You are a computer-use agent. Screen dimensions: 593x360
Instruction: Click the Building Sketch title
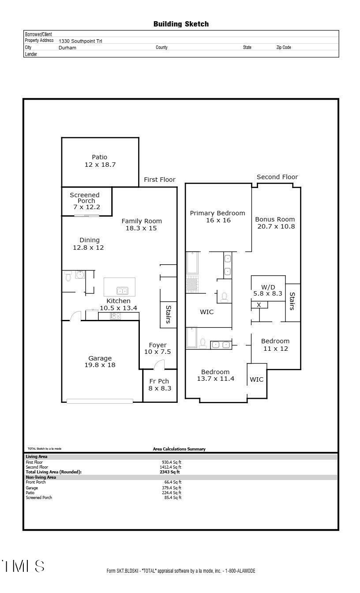click(181, 24)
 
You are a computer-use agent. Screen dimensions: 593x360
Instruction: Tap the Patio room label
click(100, 157)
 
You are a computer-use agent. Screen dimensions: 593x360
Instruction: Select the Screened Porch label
click(85, 198)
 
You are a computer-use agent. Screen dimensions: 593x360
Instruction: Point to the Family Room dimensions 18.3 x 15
click(141, 228)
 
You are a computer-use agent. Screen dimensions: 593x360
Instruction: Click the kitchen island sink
click(122, 290)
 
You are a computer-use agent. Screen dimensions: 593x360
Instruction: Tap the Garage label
click(100, 358)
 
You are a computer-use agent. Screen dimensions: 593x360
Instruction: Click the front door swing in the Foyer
click(158, 364)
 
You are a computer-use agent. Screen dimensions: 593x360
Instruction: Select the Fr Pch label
click(159, 381)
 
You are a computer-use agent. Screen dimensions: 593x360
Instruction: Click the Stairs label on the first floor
click(168, 314)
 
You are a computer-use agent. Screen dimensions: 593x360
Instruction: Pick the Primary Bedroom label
click(217, 213)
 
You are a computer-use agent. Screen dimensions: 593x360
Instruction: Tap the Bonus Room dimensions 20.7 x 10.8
click(276, 226)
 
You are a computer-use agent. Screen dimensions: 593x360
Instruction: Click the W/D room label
click(268, 287)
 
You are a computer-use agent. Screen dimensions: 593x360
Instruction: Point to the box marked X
click(259, 305)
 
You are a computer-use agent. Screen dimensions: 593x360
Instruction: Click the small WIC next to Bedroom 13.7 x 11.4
click(257, 379)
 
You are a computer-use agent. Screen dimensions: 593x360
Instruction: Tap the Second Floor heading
click(277, 177)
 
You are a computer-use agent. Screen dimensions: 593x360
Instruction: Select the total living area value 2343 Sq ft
click(170, 472)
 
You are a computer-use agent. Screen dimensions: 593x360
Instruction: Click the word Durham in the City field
click(67, 48)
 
